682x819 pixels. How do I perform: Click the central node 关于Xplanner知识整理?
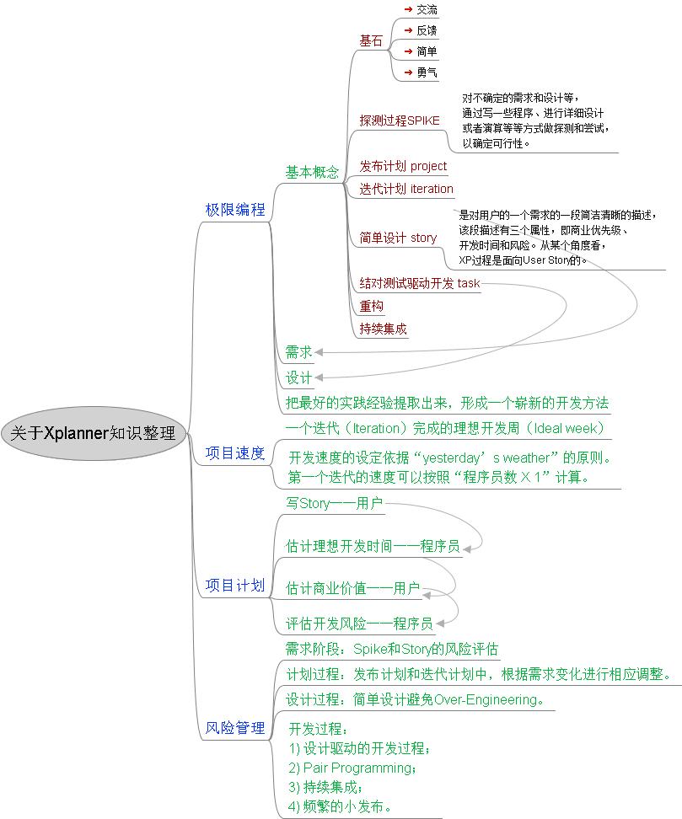pyautogui.click(x=93, y=434)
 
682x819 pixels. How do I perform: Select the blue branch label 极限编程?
pyautogui.click(x=235, y=210)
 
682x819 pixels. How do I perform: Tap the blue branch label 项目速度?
pyautogui.click(x=235, y=453)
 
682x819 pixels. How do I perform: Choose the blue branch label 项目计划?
pyautogui.click(x=235, y=585)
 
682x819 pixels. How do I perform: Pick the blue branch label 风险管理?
pyautogui.click(x=235, y=728)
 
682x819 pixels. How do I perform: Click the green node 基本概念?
pyautogui.click(x=312, y=173)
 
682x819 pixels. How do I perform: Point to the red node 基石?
pyautogui.click(x=371, y=40)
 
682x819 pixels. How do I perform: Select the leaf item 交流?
pyautogui.click(x=427, y=10)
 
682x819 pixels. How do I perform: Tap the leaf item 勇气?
pyautogui.click(x=427, y=72)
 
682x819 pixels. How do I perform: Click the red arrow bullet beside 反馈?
pyautogui.click(x=408, y=30)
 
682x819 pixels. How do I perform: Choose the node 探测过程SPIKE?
pyautogui.click(x=400, y=120)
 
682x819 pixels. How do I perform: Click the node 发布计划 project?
pyautogui.click(x=403, y=166)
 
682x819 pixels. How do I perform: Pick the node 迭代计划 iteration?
pyautogui.click(x=406, y=189)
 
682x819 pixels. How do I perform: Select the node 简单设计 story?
pyautogui.click(x=398, y=238)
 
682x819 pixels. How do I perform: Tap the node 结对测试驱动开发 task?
pyautogui.click(x=419, y=283)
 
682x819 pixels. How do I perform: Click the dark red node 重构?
pyautogui.click(x=371, y=306)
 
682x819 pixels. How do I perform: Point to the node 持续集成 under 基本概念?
pyautogui.click(x=383, y=329)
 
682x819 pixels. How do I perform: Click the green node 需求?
pyautogui.click(x=298, y=351)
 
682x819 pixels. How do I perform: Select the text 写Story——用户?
pyautogui.click(x=334, y=504)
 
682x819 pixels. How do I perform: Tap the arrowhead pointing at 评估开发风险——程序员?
pyautogui.click(x=439, y=624)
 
